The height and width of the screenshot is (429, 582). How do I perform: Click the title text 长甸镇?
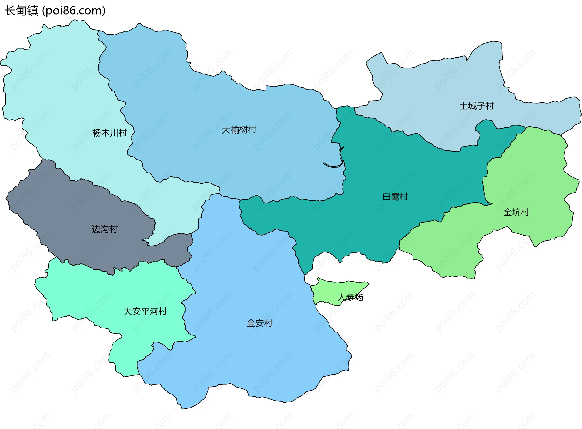[21, 11]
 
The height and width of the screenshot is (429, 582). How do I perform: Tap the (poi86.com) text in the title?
[74, 11]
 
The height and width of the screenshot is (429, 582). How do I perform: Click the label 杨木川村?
[109, 133]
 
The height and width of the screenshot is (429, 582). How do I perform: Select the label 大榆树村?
[239, 130]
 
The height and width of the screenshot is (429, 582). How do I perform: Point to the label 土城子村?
[477, 106]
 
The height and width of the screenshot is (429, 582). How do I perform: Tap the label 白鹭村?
[395, 196]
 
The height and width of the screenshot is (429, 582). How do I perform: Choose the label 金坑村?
[516, 212]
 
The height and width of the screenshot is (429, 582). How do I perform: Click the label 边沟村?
[104, 229]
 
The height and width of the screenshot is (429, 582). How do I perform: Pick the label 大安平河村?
[145, 311]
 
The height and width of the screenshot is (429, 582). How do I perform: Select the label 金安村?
[259, 323]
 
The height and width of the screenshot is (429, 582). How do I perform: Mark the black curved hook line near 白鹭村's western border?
[333, 166]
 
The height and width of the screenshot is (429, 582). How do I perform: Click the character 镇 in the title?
[32, 11]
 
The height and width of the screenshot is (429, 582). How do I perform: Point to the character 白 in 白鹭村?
[386, 196]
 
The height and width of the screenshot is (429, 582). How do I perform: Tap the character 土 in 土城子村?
[463, 106]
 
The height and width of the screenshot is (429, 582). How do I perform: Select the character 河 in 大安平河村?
[154, 311]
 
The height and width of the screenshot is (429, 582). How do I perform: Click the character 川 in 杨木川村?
[114, 133]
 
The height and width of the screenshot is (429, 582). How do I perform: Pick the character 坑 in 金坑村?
[516, 212]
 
